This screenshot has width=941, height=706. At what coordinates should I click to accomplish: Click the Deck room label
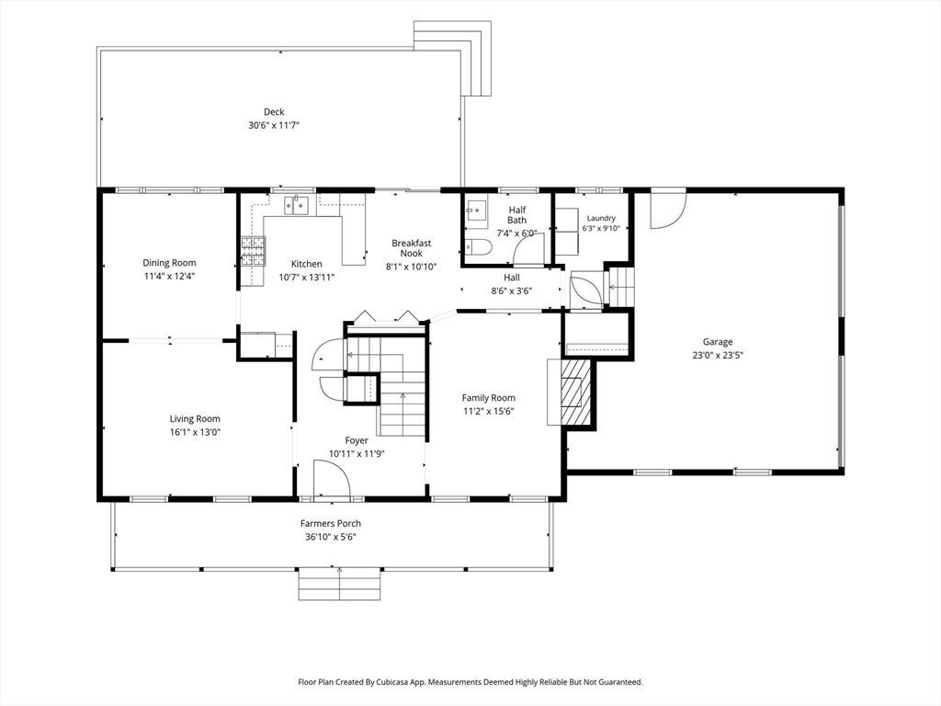point(274,111)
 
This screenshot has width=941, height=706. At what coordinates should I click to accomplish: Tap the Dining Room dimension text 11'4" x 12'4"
point(170,276)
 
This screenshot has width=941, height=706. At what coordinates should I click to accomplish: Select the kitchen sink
point(297,205)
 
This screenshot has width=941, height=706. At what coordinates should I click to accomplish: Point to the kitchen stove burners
point(253,251)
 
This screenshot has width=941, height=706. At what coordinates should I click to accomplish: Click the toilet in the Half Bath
point(479,247)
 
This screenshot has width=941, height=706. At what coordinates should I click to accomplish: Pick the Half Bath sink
point(477,211)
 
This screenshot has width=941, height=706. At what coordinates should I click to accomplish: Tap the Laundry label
point(601,218)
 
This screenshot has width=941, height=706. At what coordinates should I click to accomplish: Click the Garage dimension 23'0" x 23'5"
point(718,355)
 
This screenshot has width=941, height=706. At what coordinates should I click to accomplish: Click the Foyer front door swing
point(332,479)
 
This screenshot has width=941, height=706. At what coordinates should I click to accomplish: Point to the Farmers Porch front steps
point(340,584)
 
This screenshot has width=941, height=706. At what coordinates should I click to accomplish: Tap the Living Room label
point(195,419)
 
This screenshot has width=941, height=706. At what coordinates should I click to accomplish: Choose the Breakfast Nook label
point(412,248)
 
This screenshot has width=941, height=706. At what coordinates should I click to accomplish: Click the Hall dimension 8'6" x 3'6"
point(511,290)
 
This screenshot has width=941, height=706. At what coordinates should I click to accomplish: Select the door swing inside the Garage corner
point(668,210)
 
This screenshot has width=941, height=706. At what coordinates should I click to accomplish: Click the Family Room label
point(489,397)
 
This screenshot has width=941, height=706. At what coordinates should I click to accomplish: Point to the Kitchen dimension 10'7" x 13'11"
point(307,278)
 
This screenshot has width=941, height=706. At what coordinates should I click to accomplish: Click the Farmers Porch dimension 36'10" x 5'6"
point(331,537)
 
